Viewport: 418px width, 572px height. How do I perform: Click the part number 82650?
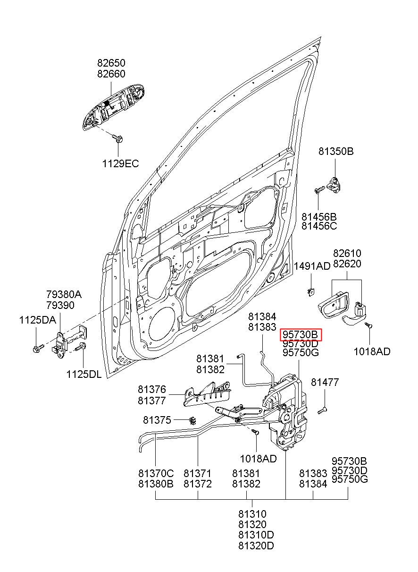coord(111,63)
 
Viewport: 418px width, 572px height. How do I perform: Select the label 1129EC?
coord(120,163)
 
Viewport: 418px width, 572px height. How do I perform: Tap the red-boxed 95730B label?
coord(301,334)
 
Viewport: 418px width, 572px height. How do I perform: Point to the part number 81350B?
coord(336,152)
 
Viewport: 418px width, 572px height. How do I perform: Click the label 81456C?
coord(319,226)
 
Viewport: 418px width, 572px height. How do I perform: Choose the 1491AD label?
coord(312,266)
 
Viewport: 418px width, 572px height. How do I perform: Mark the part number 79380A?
coord(64,294)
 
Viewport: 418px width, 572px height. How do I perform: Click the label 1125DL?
coord(84,375)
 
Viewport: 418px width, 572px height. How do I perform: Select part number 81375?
coord(157,420)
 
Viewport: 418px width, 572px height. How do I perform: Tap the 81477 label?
coord(325,382)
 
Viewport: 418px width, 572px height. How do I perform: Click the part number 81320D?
coord(256,546)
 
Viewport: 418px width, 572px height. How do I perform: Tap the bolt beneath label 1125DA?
coord(38,348)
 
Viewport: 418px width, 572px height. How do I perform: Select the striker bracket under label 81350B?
coord(335,184)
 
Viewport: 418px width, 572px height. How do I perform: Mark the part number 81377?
coord(152,401)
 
